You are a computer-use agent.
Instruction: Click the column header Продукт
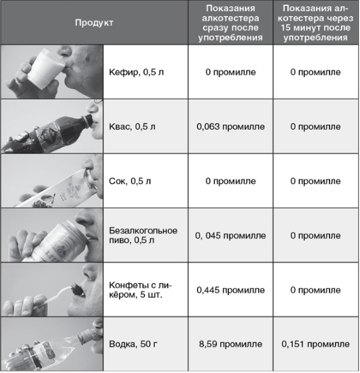[93, 23]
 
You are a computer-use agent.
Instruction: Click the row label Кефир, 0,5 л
[133, 71]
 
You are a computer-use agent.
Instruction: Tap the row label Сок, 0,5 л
[128, 181]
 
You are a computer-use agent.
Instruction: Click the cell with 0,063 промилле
[231, 126]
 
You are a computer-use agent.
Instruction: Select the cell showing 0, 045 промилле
[231, 235]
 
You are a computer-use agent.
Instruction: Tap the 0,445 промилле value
[231, 291]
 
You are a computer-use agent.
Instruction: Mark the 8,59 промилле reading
[231, 345]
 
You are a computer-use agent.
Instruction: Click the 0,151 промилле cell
[315, 345]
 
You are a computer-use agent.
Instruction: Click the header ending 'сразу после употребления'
[231, 23]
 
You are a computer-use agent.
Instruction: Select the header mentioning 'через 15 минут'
[315, 23]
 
